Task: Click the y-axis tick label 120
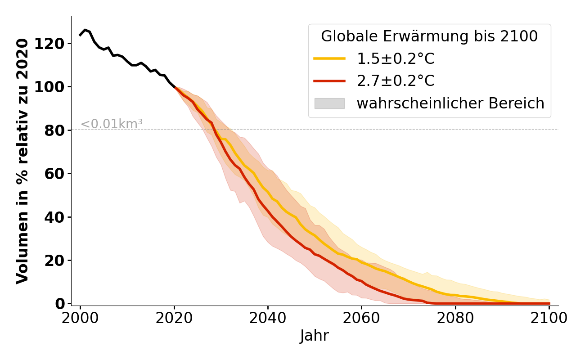(x=54, y=44)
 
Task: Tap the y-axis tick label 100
(x=54, y=87)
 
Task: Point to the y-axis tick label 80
(x=58, y=130)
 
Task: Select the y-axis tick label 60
(x=58, y=174)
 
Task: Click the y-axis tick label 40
(x=58, y=217)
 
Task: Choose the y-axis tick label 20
(x=58, y=261)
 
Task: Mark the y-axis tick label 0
(x=62, y=304)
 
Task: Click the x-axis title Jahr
(x=315, y=336)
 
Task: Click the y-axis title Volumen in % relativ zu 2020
(x=22, y=161)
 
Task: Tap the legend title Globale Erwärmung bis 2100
(x=429, y=36)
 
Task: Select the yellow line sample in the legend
(x=329, y=59)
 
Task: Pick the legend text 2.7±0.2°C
(x=396, y=81)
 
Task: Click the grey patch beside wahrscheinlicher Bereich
(x=329, y=103)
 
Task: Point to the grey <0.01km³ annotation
(x=112, y=124)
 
